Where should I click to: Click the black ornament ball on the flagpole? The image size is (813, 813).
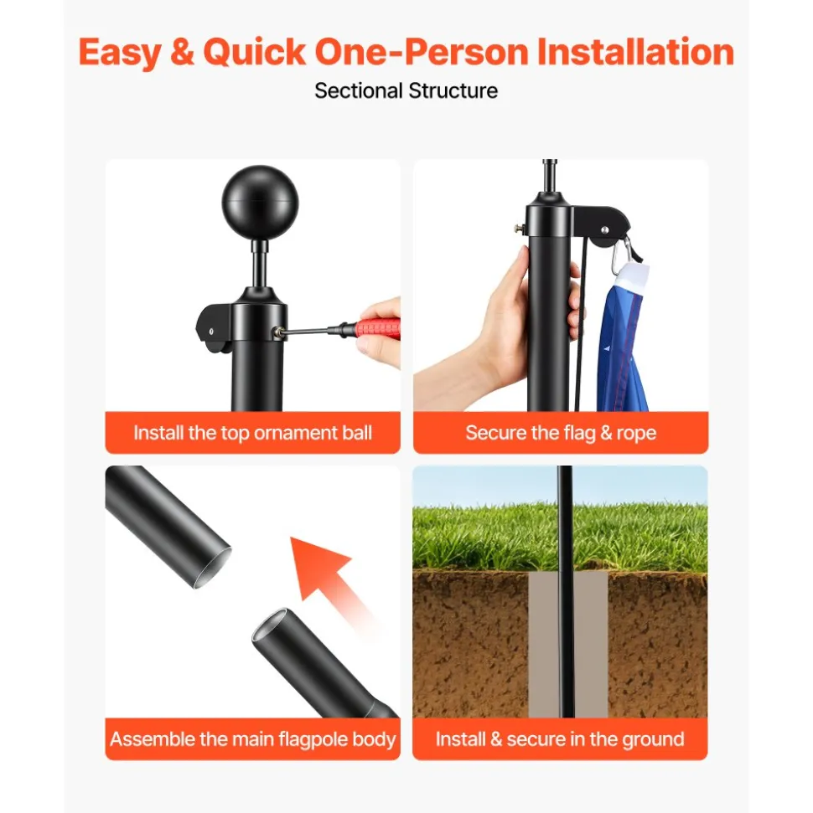(260, 203)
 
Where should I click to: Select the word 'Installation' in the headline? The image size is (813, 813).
(635, 53)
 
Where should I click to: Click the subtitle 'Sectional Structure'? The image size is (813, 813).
(406, 90)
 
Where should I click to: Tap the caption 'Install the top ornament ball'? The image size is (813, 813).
(253, 432)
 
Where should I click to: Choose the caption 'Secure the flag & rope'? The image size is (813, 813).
(561, 432)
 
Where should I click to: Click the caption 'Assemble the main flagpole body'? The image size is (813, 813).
(253, 738)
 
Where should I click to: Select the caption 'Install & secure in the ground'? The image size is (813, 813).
(560, 738)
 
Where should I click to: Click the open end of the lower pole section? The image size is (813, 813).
(270, 625)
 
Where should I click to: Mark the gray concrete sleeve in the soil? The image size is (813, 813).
(568, 645)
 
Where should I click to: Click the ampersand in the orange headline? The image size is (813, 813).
(182, 53)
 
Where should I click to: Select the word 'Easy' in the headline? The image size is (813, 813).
(121, 54)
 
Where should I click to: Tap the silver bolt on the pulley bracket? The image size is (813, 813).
(604, 229)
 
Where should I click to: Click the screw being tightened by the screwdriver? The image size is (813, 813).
(280, 332)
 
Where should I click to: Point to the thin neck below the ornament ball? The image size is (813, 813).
(260, 265)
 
